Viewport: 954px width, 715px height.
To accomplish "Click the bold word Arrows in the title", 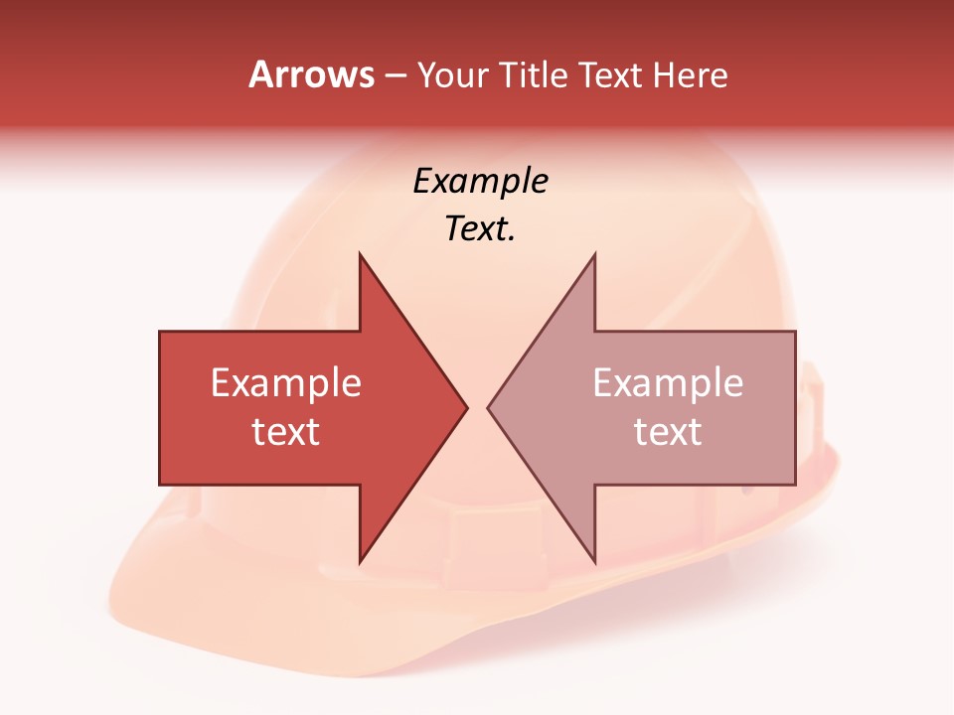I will click(x=311, y=74).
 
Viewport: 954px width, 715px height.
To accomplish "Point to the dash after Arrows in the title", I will click(x=395, y=76).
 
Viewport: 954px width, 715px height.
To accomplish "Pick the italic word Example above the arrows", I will click(x=480, y=182).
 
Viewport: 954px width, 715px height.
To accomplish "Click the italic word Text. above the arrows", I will click(x=480, y=229).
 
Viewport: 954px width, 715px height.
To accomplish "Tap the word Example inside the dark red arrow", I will click(x=286, y=383).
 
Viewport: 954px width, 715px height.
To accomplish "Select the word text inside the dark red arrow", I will click(x=286, y=432).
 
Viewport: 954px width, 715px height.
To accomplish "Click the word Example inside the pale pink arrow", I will click(x=668, y=383).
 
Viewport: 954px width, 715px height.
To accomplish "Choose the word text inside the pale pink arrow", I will click(x=668, y=432).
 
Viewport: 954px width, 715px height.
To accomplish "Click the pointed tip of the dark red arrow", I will click(x=465, y=407).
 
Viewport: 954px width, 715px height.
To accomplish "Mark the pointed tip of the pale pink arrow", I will click(x=489, y=407).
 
